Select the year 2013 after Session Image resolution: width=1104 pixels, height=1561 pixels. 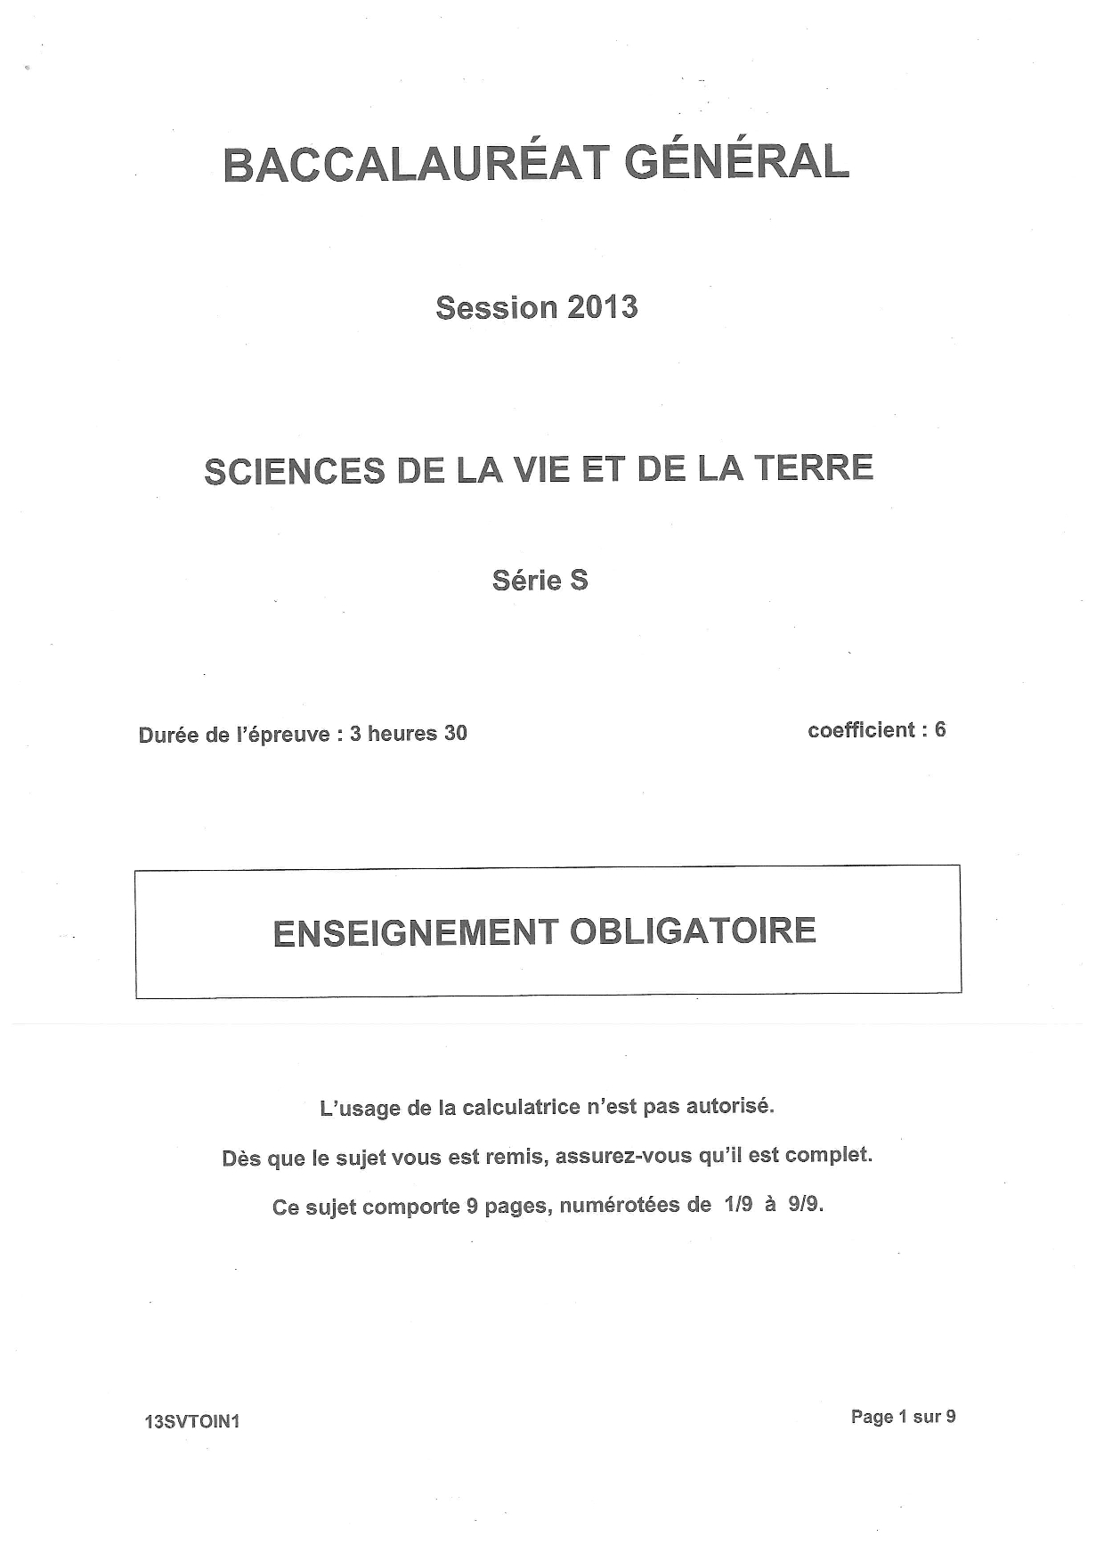pos(602,307)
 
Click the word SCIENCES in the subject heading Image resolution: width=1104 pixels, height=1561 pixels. pos(295,471)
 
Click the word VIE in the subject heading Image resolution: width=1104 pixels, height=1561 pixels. pos(541,469)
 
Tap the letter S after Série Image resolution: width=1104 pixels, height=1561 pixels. pos(579,581)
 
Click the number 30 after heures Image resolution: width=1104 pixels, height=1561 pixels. pos(455,733)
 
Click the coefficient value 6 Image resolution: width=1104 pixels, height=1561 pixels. pos(940,729)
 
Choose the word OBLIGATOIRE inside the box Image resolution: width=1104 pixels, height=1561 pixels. pos(693,931)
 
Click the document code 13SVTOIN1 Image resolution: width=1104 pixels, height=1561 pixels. pos(192,1422)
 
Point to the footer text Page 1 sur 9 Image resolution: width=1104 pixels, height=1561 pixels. pos(903,1417)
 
